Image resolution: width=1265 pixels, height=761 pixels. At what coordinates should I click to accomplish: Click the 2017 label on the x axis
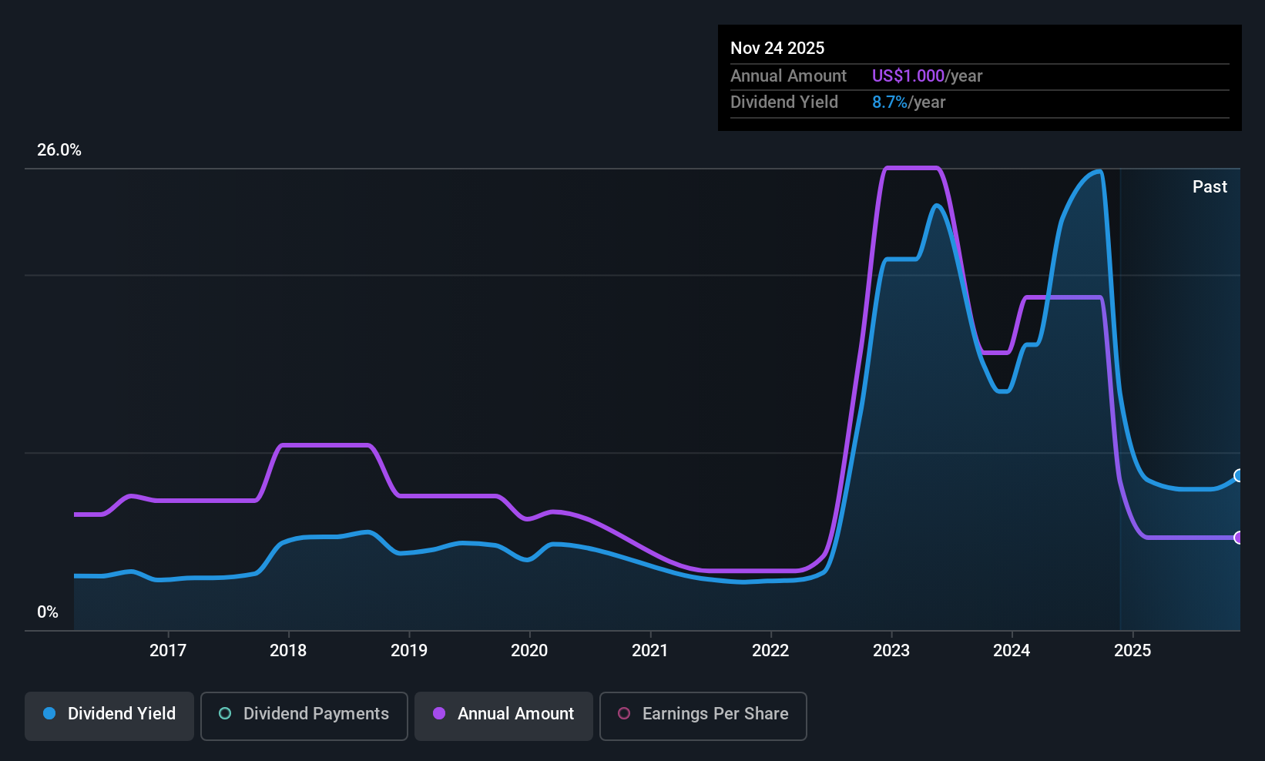168,650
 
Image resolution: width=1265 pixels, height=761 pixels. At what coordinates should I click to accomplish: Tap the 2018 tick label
288,650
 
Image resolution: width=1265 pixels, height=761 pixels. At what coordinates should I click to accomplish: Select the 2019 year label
409,650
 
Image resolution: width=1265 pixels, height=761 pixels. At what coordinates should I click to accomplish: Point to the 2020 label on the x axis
529,650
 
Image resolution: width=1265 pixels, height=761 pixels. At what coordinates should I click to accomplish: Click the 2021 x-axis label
650,650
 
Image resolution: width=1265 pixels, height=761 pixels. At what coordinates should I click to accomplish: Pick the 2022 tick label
770,650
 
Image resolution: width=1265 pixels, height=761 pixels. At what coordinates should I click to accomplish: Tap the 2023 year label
891,650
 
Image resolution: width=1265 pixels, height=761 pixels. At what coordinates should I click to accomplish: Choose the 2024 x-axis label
1012,650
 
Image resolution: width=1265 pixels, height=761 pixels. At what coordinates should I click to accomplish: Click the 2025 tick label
1132,650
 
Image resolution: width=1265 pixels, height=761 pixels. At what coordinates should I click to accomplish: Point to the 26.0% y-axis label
59,150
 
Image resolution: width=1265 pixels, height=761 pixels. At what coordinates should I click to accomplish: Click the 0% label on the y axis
48,612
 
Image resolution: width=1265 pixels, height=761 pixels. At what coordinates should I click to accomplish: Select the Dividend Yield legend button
109,716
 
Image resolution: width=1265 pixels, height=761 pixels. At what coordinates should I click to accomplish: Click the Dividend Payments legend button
304,716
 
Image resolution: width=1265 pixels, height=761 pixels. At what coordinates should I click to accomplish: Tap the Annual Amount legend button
504,716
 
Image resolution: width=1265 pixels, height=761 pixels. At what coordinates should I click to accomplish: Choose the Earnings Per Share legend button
703,716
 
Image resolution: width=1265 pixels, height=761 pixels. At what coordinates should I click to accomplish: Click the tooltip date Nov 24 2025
777,49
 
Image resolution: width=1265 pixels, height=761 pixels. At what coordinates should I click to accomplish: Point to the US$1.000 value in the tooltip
908,75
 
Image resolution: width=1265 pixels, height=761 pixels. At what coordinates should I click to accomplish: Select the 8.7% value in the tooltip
890,102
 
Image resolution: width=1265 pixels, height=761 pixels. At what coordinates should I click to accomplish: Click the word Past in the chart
1210,187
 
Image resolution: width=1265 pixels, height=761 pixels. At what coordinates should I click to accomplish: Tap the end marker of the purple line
1239,538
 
